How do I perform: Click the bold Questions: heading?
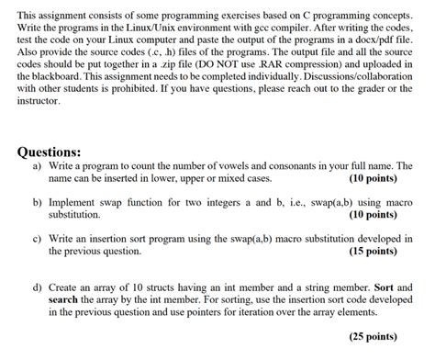tap(56, 152)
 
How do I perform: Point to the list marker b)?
tap(36, 202)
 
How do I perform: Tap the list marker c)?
tap(36, 238)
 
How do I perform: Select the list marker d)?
tap(36, 288)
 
